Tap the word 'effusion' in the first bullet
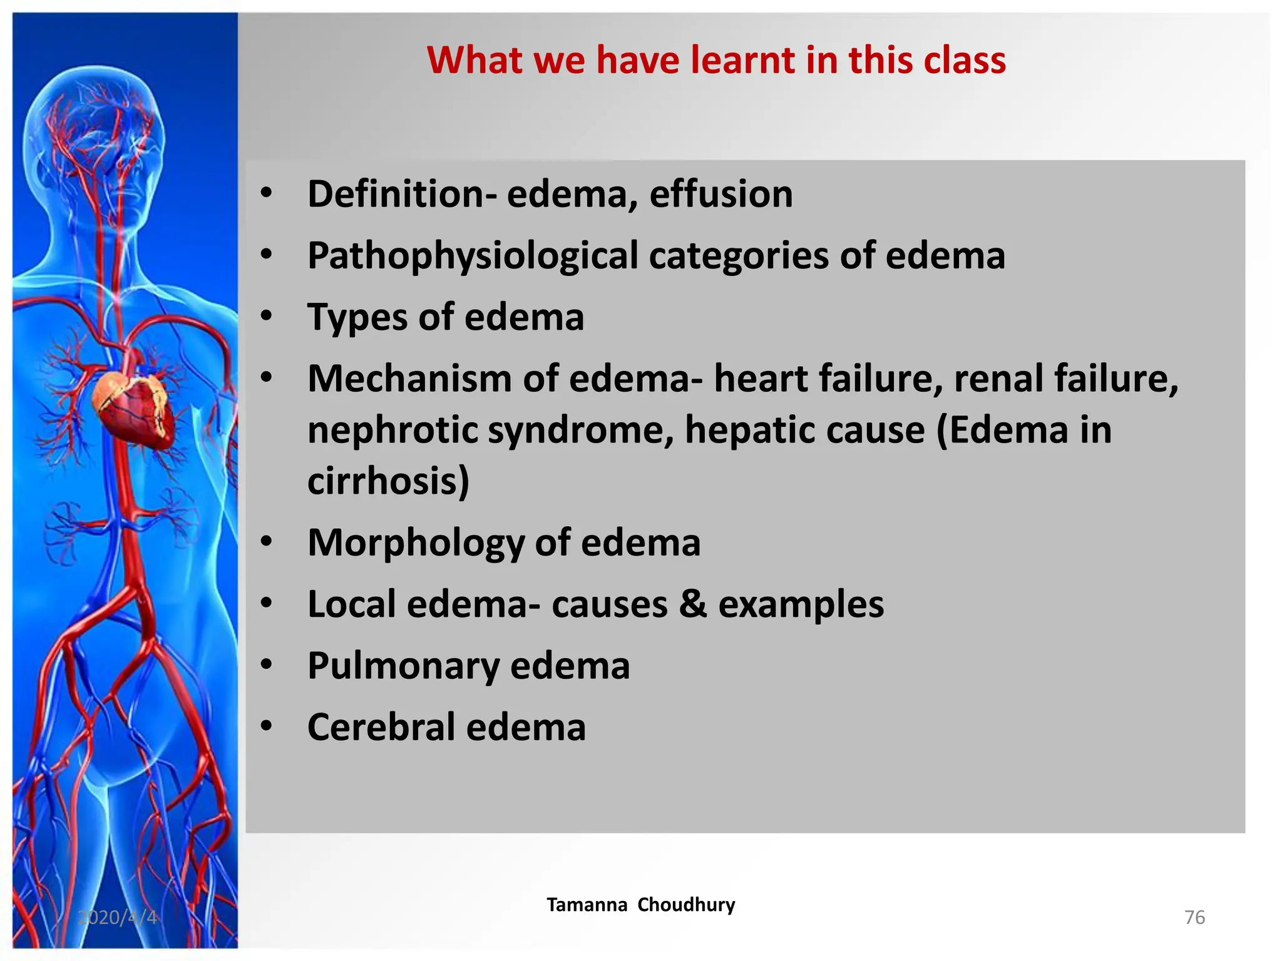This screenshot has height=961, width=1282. (x=721, y=195)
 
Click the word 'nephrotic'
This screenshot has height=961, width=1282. (x=392, y=430)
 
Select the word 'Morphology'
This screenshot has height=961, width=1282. (x=416, y=542)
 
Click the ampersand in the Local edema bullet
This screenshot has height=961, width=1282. (x=692, y=604)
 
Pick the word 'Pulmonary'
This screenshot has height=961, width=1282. (x=403, y=666)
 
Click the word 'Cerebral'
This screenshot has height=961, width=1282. (x=381, y=727)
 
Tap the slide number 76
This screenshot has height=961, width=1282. (x=1194, y=917)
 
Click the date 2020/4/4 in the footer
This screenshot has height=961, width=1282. (x=117, y=917)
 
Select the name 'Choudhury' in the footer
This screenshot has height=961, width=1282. (x=686, y=905)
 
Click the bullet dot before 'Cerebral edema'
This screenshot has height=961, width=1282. (x=267, y=726)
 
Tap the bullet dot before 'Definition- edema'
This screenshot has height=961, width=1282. (x=267, y=193)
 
